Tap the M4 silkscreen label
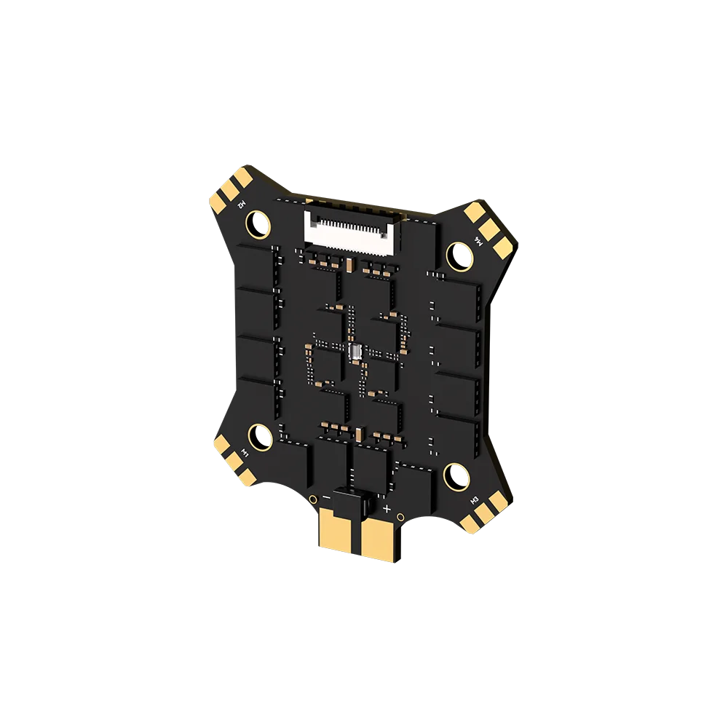pos(479,240)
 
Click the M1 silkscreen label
pos(245,455)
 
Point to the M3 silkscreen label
pos(472,502)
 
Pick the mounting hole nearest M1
pos(260,437)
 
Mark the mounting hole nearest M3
pos(456,476)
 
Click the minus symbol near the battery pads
pos(326,498)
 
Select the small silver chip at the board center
pos(355,354)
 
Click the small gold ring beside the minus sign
pos(312,499)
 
